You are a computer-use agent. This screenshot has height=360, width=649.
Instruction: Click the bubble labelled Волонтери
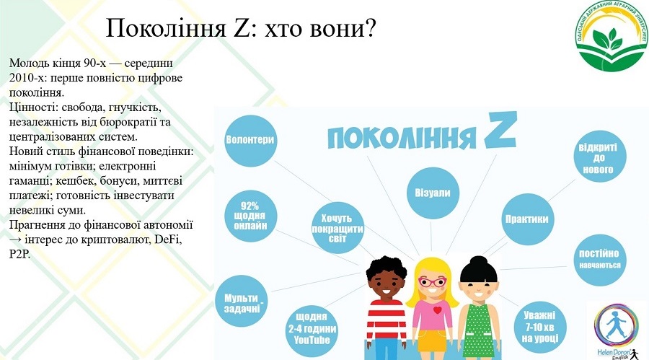(x=250, y=141)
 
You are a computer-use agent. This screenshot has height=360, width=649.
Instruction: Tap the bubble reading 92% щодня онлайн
(x=250, y=216)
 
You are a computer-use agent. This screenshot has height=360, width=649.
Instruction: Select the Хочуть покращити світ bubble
(x=337, y=228)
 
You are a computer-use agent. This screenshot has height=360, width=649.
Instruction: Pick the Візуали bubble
(x=433, y=193)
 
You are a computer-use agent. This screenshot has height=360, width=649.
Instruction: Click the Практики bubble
(x=527, y=219)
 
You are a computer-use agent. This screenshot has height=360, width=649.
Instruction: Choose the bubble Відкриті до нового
(x=600, y=157)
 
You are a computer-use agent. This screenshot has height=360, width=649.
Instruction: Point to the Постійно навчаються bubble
(x=600, y=260)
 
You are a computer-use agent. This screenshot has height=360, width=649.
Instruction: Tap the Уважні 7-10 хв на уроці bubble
(x=539, y=328)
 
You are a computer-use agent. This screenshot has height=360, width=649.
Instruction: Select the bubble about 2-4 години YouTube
(x=312, y=330)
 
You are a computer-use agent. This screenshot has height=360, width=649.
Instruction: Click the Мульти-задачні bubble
(x=242, y=302)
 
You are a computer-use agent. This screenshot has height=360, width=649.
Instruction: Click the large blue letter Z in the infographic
(x=500, y=130)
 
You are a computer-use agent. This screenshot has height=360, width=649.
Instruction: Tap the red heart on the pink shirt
(x=438, y=310)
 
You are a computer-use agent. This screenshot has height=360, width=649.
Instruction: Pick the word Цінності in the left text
(x=33, y=107)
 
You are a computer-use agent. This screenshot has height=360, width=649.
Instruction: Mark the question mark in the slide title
(x=370, y=28)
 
